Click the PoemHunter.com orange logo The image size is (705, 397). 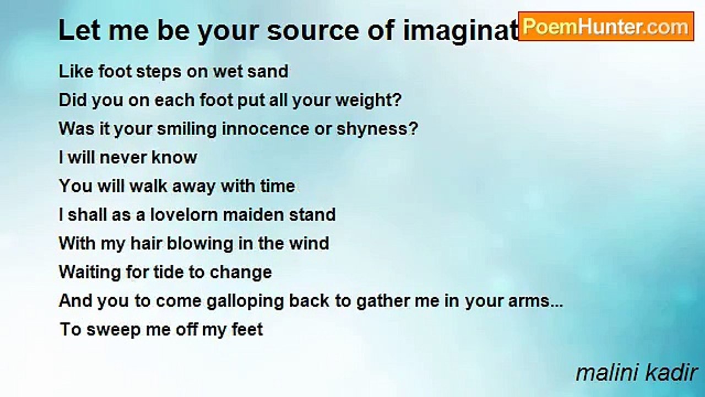[606, 26]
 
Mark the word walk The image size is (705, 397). [148, 186]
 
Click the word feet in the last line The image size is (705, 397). [247, 330]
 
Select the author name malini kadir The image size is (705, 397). [636, 373]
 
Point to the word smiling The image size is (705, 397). [186, 129]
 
